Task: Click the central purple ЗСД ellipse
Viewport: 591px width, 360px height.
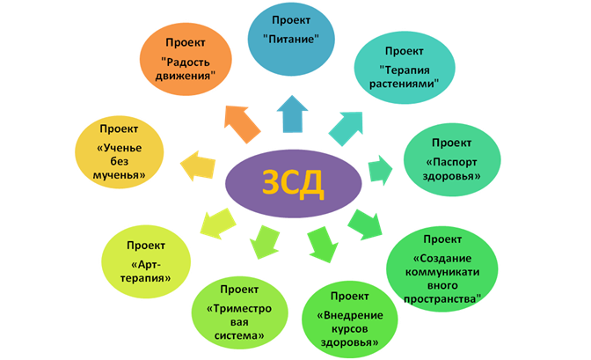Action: [x=293, y=183]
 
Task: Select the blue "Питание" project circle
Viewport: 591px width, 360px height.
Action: [x=291, y=39]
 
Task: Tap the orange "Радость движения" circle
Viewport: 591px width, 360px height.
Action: [x=186, y=59]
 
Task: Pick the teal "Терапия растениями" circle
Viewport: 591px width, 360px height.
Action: [x=405, y=68]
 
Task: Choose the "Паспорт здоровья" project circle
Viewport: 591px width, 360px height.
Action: [x=452, y=159]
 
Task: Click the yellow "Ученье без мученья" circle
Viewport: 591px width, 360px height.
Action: [x=120, y=152]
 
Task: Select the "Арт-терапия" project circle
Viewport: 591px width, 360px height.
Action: [x=146, y=262]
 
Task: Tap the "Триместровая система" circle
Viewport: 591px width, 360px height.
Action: [x=240, y=312]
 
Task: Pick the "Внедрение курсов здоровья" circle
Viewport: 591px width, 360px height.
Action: [x=349, y=320]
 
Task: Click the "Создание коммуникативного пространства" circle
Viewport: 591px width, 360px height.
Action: [x=442, y=269]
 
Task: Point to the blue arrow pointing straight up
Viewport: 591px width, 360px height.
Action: [x=292, y=114]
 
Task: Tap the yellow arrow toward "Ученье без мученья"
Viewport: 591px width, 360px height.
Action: [x=197, y=166]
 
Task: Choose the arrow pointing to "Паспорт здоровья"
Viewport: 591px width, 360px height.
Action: [x=380, y=170]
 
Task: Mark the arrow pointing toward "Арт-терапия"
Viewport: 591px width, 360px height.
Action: [x=217, y=224]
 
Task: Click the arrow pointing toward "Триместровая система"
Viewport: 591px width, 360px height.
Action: [x=265, y=241]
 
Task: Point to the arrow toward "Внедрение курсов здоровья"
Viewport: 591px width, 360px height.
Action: [x=322, y=244]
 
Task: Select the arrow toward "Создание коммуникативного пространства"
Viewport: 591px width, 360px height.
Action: [x=364, y=225]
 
